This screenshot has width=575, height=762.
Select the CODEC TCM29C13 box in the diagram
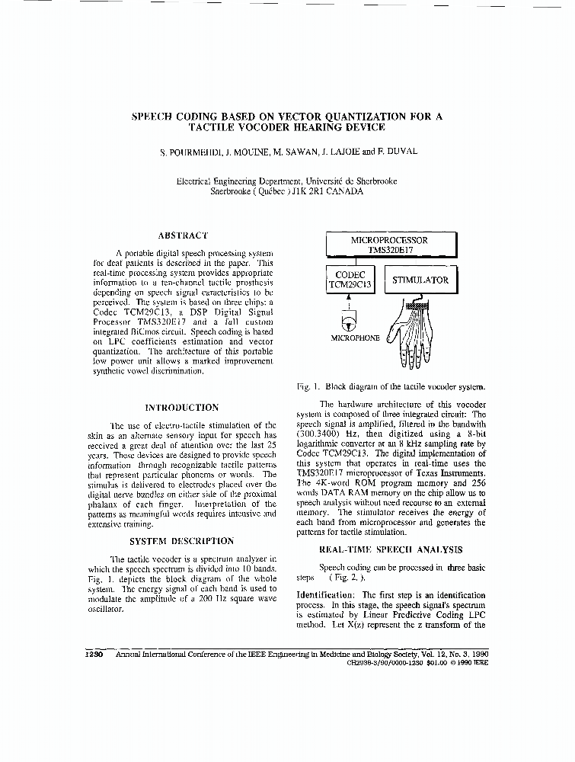(x=350, y=280)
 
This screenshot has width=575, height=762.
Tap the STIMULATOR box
(x=420, y=280)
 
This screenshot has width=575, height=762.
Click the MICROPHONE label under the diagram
(x=355, y=337)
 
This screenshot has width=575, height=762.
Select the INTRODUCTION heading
(x=181, y=408)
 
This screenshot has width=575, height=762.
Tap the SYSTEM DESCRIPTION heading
(x=181, y=541)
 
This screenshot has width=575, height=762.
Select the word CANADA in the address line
(x=343, y=192)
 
